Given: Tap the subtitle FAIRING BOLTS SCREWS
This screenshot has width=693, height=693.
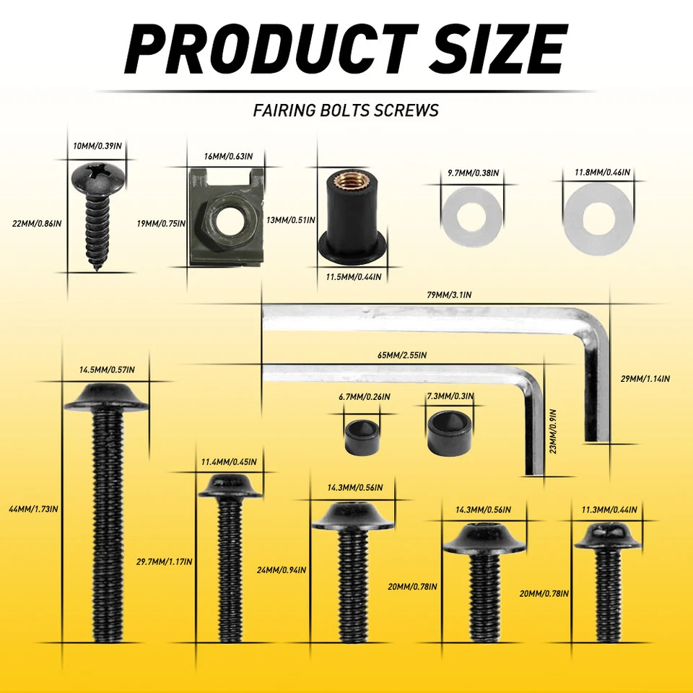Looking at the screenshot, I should (346, 110).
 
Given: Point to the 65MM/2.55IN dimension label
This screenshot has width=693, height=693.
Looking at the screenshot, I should (402, 355).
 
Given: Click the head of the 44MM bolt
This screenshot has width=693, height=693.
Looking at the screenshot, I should (106, 397).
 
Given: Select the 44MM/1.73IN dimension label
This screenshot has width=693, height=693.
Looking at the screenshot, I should (32, 509).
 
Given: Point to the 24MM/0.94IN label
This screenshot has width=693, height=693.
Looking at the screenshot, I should (282, 570).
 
